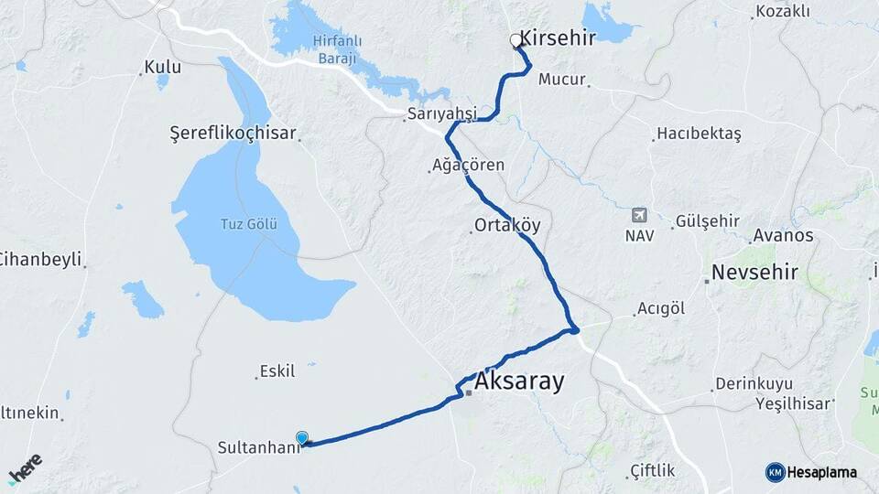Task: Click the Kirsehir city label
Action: (x=558, y=38)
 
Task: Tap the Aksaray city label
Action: (x=519, y=381)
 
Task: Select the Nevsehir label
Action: (x=754, y=273)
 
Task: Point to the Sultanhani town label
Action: (x=258, y=447)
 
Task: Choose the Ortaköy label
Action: (x=508, y=225)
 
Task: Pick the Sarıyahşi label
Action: (x=442, y=113)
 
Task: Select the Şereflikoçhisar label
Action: (x=233, y=134)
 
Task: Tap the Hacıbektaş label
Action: (x=699, y=134)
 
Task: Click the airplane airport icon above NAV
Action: (x=639, y=216)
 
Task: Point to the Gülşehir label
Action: (x=706, y=221)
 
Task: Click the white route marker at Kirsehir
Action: (x=515, y=40)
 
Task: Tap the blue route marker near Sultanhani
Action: (x=302, y=437)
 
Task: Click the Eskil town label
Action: (x=277, y=370)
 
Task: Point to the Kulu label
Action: (x=162, y=68)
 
